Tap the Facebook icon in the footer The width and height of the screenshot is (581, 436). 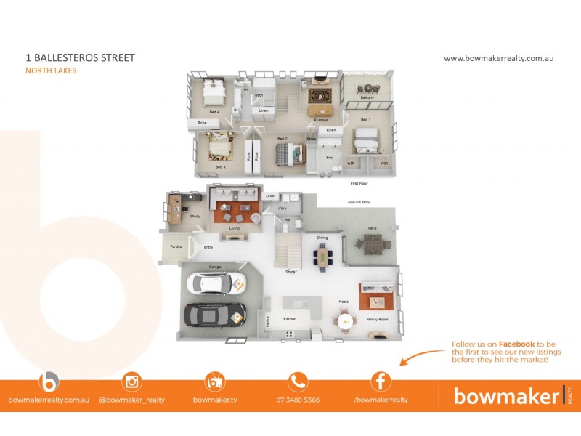381,381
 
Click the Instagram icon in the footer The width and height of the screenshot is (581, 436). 131,381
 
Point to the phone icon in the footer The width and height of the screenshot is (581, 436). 298,381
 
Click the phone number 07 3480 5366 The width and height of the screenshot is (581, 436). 298,400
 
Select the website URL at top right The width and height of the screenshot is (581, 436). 498,58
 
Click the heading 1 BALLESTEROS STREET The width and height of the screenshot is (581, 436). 80,57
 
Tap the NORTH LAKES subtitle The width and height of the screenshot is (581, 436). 51,70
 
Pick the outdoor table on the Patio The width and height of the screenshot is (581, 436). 372,244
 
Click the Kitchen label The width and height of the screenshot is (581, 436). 290,319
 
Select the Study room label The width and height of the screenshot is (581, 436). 195,216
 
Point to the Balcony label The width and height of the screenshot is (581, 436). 367,97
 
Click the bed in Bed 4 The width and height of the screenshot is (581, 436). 214,92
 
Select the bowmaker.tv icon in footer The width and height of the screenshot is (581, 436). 215,381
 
